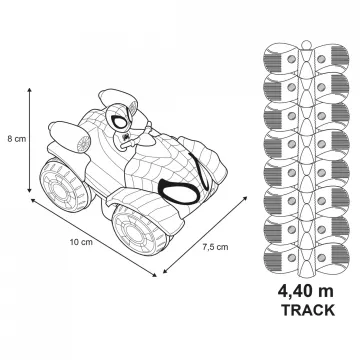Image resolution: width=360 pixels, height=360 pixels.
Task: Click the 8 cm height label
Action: coord(17,139)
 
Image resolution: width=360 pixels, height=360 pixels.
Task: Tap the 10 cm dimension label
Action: coord(81,242)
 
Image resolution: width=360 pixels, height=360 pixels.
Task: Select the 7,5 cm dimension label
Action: coord(216,247)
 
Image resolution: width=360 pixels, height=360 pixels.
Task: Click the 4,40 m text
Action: coord(306,291)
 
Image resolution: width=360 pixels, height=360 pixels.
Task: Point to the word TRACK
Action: coord(308,310)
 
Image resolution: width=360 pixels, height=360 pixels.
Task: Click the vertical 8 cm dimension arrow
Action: coord(29,140)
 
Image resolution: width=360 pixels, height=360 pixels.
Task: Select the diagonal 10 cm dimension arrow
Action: coord(94,237)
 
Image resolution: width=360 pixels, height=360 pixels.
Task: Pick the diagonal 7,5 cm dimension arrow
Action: coord(205,235)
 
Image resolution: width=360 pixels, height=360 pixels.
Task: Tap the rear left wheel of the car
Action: coord(64,185)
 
